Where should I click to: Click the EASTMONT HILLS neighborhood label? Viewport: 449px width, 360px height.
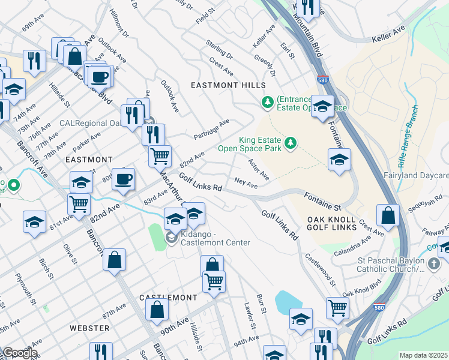tap(228, 86)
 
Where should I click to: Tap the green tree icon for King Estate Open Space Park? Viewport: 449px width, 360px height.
tap(291, 142)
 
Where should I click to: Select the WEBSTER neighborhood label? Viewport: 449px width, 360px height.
tap(89, 328)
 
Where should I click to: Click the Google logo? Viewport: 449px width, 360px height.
tap(19, 353)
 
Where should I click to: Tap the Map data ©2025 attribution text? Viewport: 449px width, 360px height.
tap(423, 355)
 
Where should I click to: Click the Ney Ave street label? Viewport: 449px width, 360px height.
tap(246, 183)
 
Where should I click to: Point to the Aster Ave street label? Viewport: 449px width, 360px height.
tap(259, 168)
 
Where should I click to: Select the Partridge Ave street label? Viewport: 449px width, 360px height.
tap(211, 129)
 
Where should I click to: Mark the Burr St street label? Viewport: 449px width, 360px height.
tap(261, 304)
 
